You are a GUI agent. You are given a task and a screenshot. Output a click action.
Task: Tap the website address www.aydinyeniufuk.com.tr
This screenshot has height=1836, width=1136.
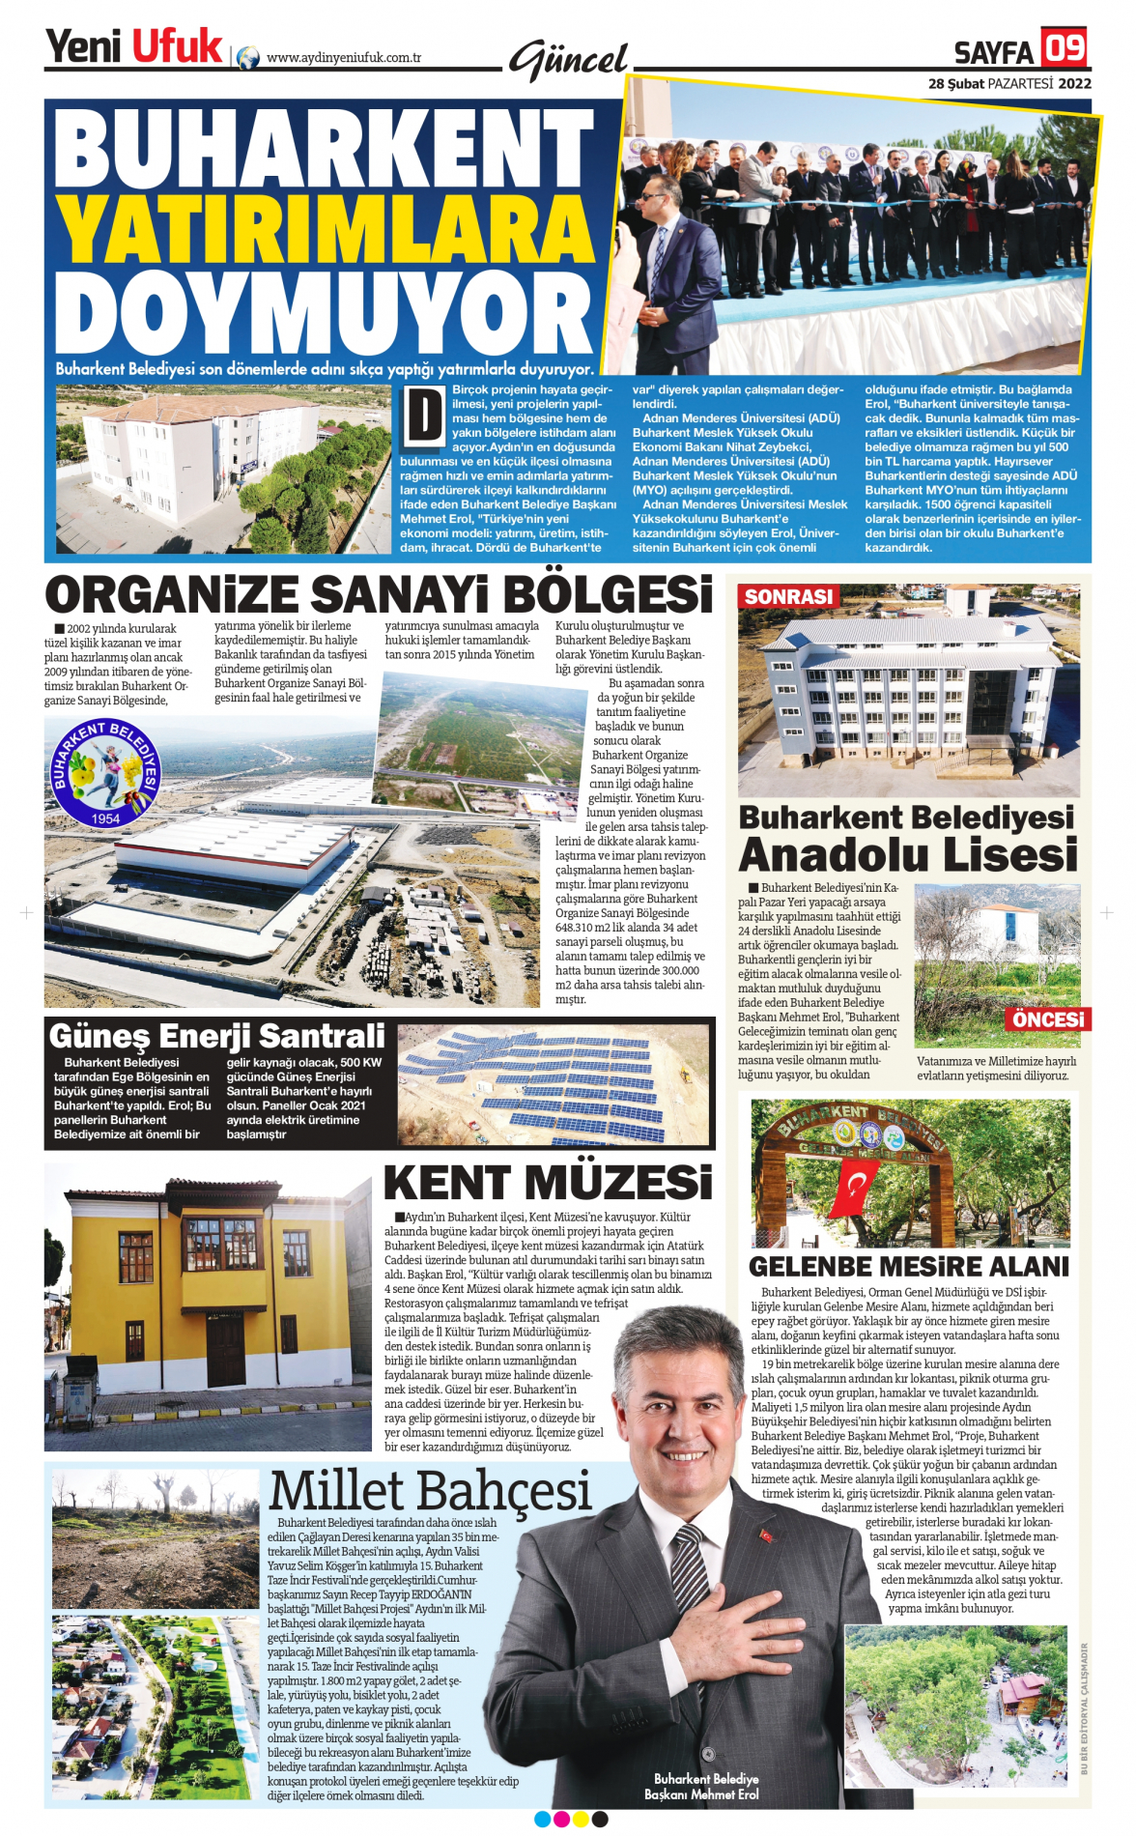tap(344, 58)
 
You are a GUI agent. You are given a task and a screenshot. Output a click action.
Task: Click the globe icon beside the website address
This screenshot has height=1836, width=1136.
tap(248, 58)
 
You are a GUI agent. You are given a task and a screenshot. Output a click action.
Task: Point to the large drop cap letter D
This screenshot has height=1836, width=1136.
tap(423, 416)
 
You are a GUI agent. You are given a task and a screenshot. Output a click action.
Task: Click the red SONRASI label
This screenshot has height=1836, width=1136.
tap(788, 597)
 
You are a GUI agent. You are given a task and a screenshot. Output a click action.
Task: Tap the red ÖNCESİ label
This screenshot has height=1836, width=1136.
tap(1049, 1019)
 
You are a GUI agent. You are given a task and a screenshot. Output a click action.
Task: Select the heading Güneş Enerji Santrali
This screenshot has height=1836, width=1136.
tap(217, 1036)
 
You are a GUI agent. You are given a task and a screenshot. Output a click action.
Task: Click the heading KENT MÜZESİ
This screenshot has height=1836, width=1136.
tap(548, 1183)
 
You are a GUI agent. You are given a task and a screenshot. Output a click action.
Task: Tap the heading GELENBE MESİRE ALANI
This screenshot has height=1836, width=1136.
tap(909, 1267)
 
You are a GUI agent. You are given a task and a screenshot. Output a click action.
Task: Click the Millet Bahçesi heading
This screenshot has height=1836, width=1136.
tap(430, 1491)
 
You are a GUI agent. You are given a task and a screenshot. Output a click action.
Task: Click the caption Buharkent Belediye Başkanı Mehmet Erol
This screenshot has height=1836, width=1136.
tap(702, 1786)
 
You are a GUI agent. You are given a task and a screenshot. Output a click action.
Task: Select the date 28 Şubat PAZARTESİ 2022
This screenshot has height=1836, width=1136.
tap(1009, 83)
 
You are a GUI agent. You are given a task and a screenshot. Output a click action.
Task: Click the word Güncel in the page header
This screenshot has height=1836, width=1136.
tap(568, 61)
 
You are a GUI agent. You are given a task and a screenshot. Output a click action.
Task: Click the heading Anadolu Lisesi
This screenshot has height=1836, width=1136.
tap(907, 855)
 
